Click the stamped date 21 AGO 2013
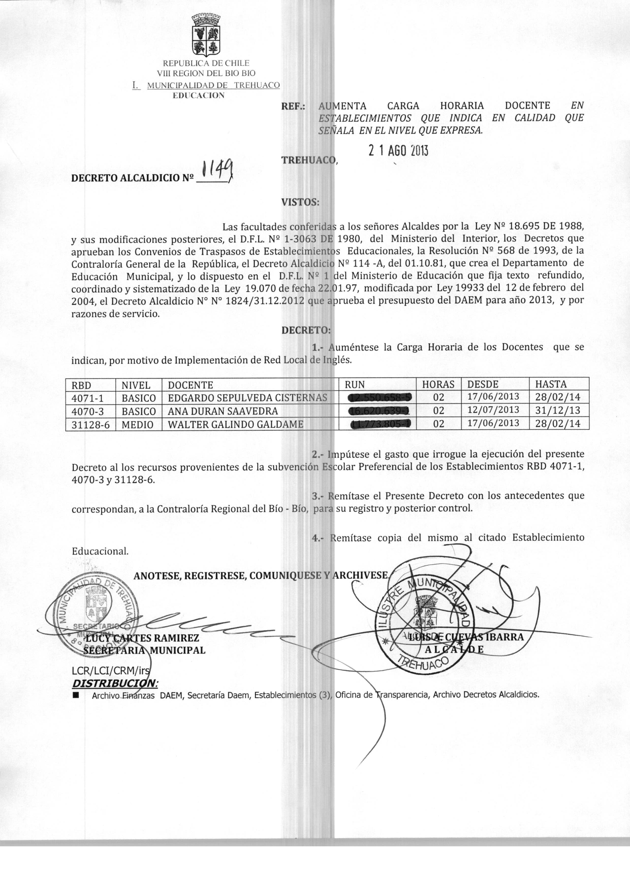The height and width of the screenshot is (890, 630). click(398, 151)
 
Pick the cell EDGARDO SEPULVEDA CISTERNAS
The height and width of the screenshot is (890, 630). click(247, 398)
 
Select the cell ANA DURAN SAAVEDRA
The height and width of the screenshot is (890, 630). click(223, 411)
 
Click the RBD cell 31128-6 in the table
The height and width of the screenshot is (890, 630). click(91, 424)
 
